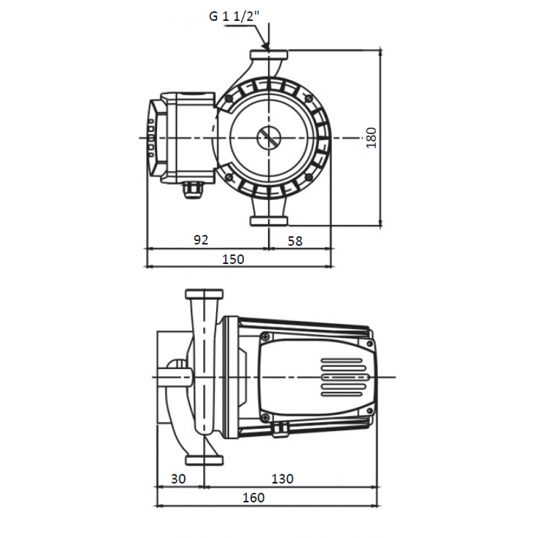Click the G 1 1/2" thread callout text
235,17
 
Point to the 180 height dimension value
371,138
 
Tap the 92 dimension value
201,240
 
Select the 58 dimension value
295,241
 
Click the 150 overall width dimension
233,259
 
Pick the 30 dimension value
178,479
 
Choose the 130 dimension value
282,479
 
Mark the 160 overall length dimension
253,498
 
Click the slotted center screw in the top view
268,138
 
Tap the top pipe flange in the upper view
268,54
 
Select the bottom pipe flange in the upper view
268,221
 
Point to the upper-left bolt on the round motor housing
229,99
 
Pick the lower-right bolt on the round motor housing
309,177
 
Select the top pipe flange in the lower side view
204,294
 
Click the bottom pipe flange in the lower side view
204,460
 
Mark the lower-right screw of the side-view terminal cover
370,410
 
